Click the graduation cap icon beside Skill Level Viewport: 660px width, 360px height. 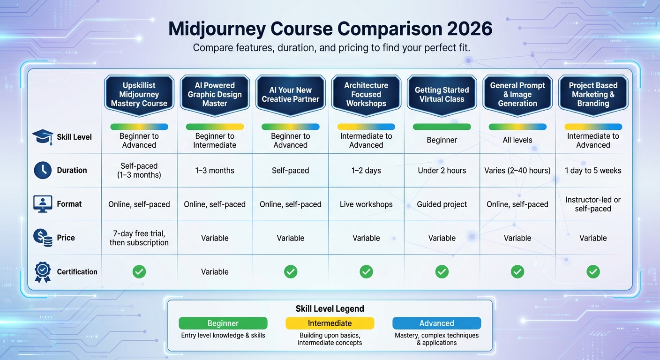coord(43,137)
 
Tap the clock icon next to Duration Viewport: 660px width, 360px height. coord(43,170)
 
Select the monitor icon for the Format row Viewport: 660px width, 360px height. coord(43,204)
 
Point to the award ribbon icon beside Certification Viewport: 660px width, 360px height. coord(43,272)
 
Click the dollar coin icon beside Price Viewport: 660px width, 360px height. coord(43,238)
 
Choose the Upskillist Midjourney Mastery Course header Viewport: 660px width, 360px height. coord(139,95)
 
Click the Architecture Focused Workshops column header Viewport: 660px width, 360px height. coord(366,95)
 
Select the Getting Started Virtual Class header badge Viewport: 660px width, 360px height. coord(442,95)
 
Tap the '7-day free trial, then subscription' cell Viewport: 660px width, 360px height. coord(139,238)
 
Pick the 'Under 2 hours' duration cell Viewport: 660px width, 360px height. coord(442,171)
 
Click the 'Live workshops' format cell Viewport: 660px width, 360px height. coord(366,204)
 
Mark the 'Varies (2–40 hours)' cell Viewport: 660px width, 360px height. coord(517,171)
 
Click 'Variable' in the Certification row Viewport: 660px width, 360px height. coord(215,272)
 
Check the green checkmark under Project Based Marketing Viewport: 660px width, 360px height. coord(593,271)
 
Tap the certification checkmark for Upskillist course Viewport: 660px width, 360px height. coord(139,271)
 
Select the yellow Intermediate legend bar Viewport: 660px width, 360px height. coord(330,323)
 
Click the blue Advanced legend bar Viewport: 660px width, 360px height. coord(436,323)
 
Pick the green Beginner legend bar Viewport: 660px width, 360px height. coord(223,323)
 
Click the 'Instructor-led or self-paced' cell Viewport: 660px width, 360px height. coord(593,204)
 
